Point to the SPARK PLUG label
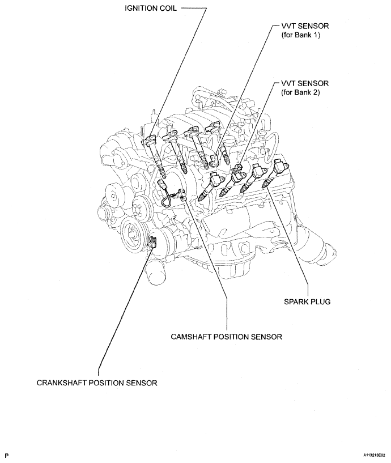[307, 302]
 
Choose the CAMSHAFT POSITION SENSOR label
[226, 336]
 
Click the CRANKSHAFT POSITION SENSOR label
[97, 383]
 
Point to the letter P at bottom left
[6, 455]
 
